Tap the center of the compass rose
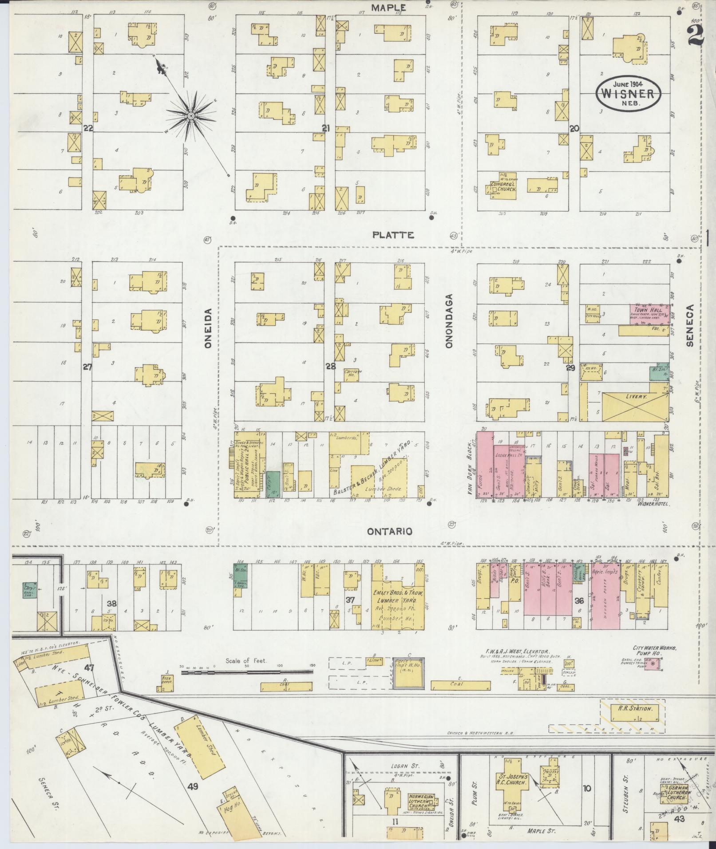tap(191, 116)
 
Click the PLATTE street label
tap(393, 235)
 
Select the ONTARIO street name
tap(389, 531)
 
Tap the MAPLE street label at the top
tap(388, 8)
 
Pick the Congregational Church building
tap(503, 187)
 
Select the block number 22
tap(88, 128)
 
